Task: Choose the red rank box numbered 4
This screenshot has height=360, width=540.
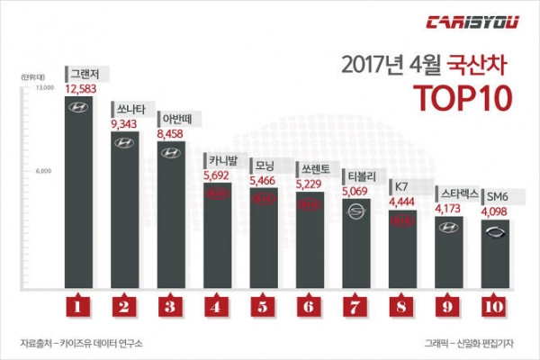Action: point(217,307)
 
